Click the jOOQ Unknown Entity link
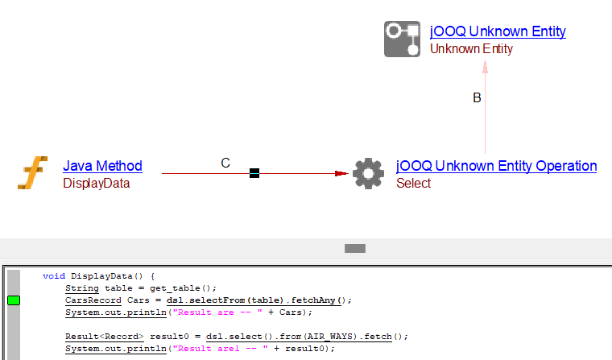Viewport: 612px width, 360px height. pyautogui.click(x=498, y=31)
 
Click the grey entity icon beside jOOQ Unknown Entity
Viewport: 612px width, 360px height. pyautogui.click(x=403, y=39)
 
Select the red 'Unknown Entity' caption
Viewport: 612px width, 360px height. pyautogui.click(x=471, y=49)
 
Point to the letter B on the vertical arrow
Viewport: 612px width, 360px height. pyautogui.click(x=477, y=98)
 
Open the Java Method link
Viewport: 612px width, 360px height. pyautogui.click(x=102, y=166)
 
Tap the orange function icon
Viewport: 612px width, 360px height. pyautogui.click(x=33, y=173)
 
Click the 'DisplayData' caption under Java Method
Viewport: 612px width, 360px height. pyautogui.click(x=96, y=184)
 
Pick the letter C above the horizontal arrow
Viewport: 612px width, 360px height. pyautogui.click(x=225, y=163)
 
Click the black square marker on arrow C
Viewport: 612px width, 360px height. pyautogui.click(x=254, y=172)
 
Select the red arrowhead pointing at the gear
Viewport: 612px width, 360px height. pyautogui.click(x=341, y=172)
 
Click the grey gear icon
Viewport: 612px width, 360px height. pyautogui.click(x=368, y=173)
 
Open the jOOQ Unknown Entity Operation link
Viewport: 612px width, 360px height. pyautogui.click(x=496, y=166)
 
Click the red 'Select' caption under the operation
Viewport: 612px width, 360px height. pyautogui.click(x=413, y=184)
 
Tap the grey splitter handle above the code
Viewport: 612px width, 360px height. pyautogui.click(x=355, y=249)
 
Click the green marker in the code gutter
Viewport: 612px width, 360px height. pyautogui.click(x=14, y=300)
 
